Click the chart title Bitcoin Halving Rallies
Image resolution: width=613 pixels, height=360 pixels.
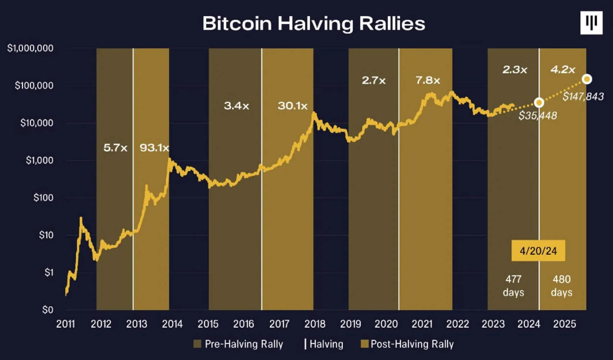(314, 24)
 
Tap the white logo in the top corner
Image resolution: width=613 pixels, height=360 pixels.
(591, 23)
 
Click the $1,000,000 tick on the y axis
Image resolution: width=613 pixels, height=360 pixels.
(30, 48)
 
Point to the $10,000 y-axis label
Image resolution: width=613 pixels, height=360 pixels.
(37, 123)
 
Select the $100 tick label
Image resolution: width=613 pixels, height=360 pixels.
(43, 198)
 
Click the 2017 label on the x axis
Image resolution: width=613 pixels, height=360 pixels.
(279, 324)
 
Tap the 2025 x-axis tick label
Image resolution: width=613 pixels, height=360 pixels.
(564, 324)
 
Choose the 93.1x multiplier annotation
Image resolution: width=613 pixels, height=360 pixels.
(154, 148)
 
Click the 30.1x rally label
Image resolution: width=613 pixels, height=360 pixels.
(292, 106)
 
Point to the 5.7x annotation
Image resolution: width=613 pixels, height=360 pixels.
(115, 148)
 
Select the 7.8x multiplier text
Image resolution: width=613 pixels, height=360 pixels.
(428, 80)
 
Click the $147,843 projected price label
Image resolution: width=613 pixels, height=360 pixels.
(583, 97)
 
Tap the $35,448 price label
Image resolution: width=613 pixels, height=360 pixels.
(537, 116)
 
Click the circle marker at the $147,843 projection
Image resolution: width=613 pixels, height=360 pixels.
(587, 79)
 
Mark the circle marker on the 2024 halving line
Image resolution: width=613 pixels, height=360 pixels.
(539, 103)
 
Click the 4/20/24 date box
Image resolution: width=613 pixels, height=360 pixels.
(538, 251)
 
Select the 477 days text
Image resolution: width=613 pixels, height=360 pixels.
(513, 286)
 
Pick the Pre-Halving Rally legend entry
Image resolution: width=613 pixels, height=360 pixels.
(238, 344)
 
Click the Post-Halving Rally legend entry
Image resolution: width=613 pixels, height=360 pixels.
(407, 344)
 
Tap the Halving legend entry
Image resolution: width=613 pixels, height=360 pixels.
(324, 344)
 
